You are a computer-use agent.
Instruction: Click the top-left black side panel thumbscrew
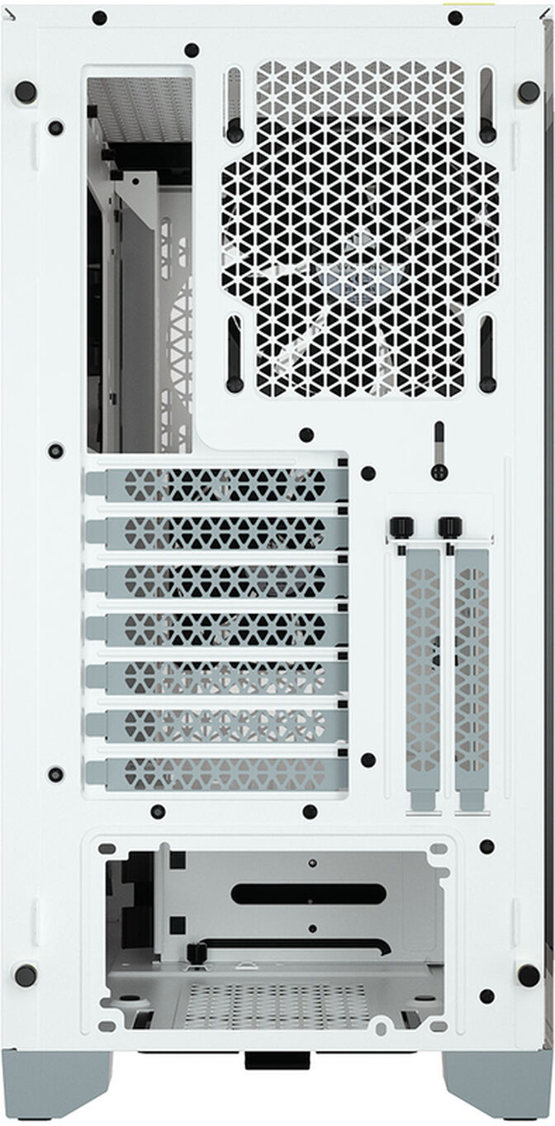pyautogui.click(x=25, y=91)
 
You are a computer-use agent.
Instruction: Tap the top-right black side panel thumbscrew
pyautogui.click(x=529, y=91)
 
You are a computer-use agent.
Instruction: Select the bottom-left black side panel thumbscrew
pyautogui.click(x=25, y=974)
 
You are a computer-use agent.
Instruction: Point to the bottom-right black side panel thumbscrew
pyautogui.click(x=529, y=974)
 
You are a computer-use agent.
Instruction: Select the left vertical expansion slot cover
pyautogui.click(x=422, y=677)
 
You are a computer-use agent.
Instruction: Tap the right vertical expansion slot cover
pyautogui.click(x=471, y=677)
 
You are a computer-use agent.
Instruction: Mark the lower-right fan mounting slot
pyautogui.click(x=487, y=354)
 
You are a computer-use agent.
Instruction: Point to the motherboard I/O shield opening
pyautogui.click(x=139, y=264)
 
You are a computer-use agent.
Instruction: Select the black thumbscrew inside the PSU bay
pyautogui.click(x=196, y=954)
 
